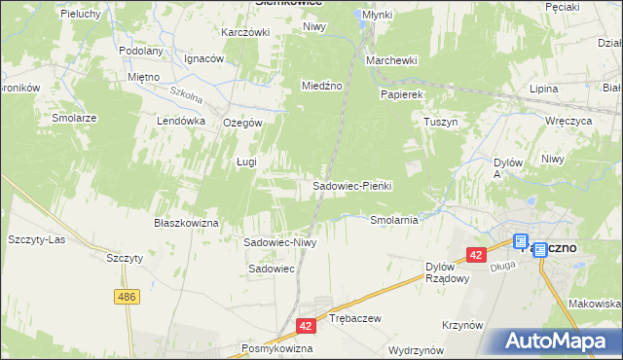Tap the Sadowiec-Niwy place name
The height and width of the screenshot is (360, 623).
click(280, 242)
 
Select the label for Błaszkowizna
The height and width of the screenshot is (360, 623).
click(184, 223)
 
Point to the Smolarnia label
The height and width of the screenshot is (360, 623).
click(393, 220)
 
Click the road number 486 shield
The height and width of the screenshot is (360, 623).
click(127, 296)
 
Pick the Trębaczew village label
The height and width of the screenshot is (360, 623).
click(354, 318)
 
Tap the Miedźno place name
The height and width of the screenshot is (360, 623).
click(322, 86)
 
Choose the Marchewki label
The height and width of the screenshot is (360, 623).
click(391, 60)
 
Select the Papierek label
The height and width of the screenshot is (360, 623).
click(401, 95)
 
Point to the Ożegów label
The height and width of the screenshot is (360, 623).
click(242, 123)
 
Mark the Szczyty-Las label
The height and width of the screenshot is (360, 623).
click(35, 238)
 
